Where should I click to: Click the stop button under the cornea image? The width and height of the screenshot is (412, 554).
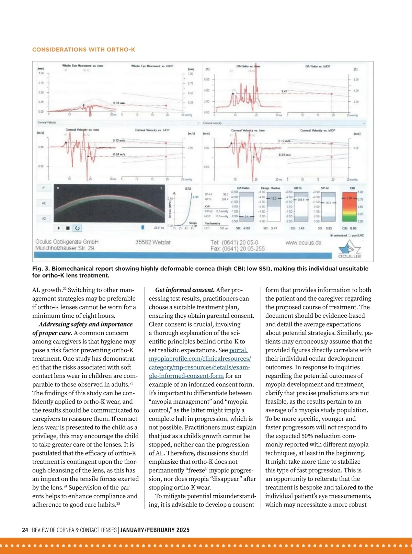point(68,228)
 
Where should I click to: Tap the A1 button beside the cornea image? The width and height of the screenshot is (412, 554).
point(44,188)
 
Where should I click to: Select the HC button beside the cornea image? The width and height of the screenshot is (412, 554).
point(44,203)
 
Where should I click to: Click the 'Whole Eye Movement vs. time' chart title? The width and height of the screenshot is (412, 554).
point(82,66)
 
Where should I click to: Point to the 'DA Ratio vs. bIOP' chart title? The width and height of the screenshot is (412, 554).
point(318,66)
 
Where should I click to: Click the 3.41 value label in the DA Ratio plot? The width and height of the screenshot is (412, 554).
point(284,91)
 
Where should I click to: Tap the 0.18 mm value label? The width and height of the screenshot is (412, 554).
point(119,103)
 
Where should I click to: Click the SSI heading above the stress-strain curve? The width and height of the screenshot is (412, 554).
point(188,189)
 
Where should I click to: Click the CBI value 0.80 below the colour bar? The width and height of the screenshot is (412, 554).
point(353,228)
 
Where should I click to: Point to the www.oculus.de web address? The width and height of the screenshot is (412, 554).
point(303,243)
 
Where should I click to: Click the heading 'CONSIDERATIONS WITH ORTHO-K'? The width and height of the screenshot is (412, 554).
point(83,49)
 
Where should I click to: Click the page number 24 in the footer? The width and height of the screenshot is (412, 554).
point(25,530)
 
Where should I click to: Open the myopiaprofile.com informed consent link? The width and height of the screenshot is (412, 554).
point(199,359)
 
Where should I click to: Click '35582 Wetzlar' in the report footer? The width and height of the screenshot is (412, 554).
point(153,242)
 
